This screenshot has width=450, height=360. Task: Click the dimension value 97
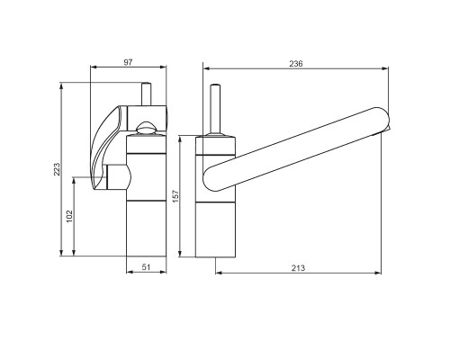pyautogui.click(x=128, y=62)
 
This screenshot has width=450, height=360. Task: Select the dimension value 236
pyautogui.click(x=296, y=64)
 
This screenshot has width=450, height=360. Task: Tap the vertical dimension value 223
pyautogui.click(x=57, y=169)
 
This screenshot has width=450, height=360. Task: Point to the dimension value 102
pyautogui.click(x=69, y=216)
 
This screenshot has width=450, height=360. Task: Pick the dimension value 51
pyautogui.click(x=146, y=266)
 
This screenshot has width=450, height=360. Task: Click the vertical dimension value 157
pyautogui.click(x=175, y=196)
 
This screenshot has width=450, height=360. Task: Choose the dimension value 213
pyautogui.click(x=298, y=267)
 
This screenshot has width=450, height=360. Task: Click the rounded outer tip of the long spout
pyautogui.click(x=386, y=119)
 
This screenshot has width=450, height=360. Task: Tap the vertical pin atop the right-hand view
pyautogui.click(x=215, y=110)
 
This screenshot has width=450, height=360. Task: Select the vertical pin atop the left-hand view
pyautogui.click(x=147, y=94)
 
